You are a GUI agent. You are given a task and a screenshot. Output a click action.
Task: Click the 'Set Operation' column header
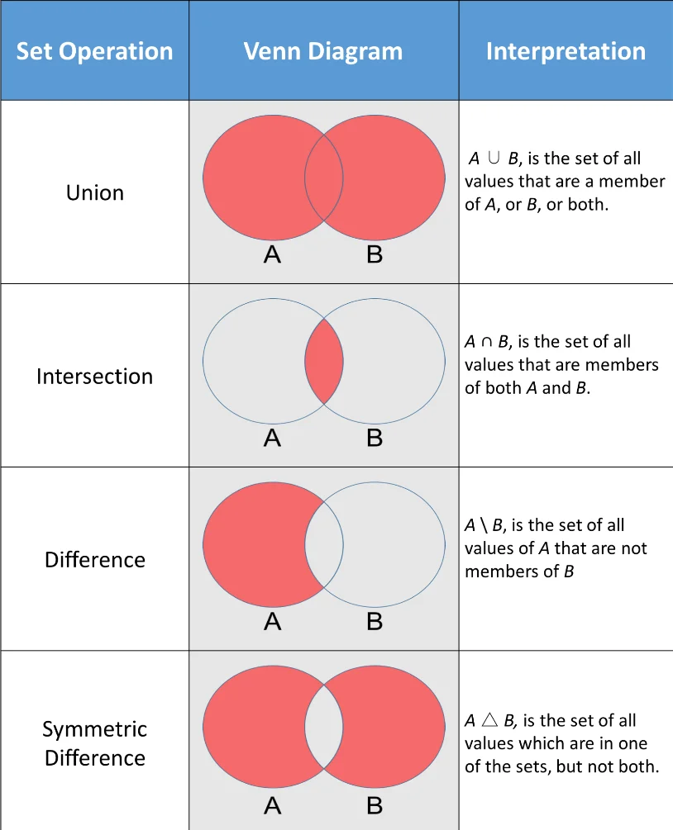pos(95,51)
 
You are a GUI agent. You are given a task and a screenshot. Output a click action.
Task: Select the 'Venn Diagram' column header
pos(323,51)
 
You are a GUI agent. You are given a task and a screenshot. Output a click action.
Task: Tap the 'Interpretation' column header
pos(566,51)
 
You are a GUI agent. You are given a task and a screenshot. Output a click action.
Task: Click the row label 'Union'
pos(95,192)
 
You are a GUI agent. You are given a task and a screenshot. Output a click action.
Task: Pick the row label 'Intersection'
pos(95,377)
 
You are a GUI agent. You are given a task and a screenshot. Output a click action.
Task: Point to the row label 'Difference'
pos(95,560)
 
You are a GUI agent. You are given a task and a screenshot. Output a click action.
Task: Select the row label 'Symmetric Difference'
pos(95,743)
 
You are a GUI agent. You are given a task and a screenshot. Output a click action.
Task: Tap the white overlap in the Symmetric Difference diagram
pos(324,728)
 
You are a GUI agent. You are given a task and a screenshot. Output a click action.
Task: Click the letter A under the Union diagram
pos(273,255)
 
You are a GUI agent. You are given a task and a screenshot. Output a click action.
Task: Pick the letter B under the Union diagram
pos(375,255)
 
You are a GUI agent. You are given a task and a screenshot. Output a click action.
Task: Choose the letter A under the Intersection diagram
pos(273,439)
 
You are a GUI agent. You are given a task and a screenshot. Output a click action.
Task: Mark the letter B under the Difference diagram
pos(375,622)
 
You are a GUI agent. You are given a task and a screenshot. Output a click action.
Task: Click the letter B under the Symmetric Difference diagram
pos(375,804)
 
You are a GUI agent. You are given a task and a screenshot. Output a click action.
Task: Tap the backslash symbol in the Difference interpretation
pos(484,525)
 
